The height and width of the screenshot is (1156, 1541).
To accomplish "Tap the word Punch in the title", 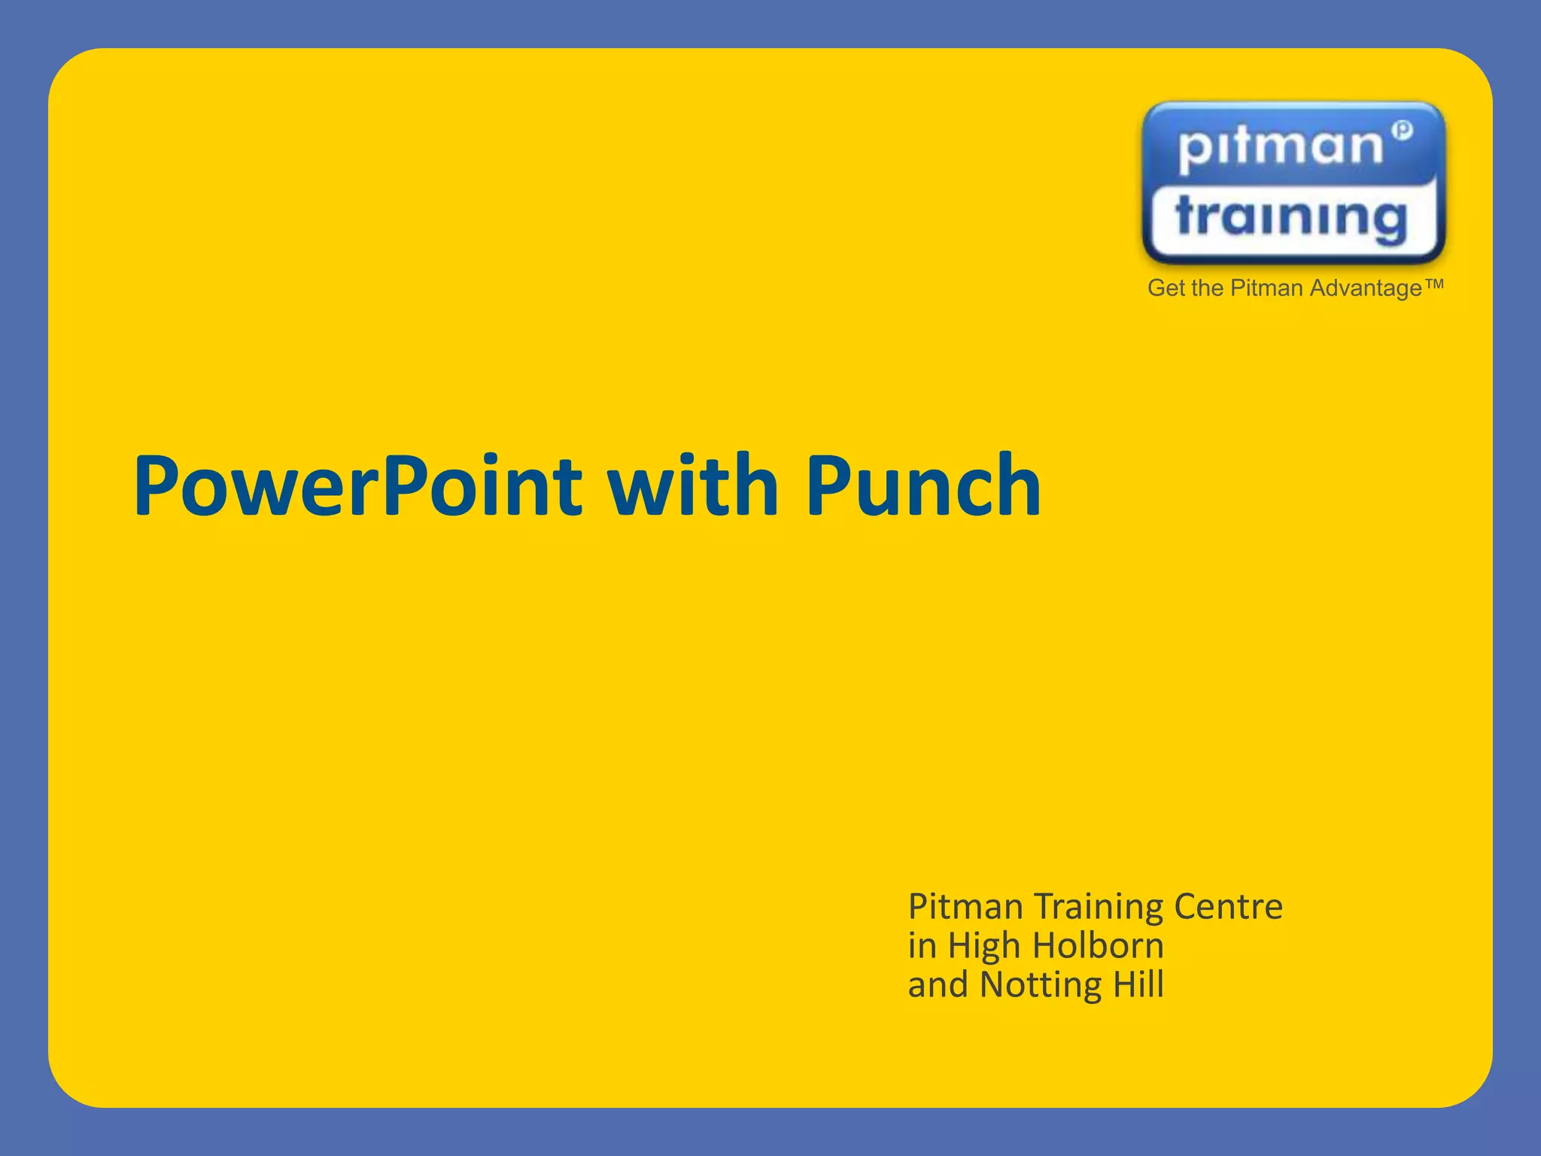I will coord(923,488).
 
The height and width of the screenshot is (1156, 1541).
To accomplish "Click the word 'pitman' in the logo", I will coord(1280,146).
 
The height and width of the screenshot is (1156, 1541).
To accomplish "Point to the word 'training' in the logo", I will coord(1290,219).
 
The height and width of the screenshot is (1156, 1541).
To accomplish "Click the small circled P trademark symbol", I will coord(1402,130).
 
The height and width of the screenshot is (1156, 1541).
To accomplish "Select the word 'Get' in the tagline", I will coord(1166,288).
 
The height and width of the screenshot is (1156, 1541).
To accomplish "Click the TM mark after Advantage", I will coord(1434,284).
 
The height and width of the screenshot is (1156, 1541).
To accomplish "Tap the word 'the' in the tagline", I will coord(1208,288).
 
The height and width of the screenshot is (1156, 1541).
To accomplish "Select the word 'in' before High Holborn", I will coord(921,946).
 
